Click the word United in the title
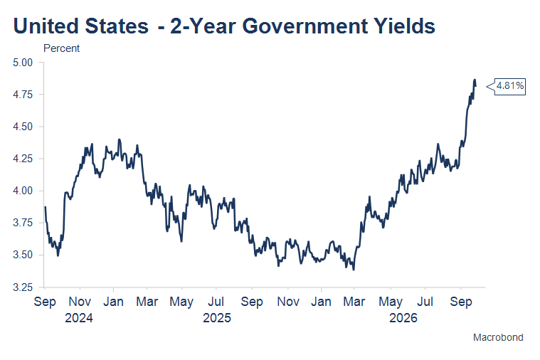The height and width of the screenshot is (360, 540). click(x=46, y=26)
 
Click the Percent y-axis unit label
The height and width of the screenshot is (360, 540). click(x=61, y=48)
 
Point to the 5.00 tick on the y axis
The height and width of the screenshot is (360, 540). click(x=23, y=63)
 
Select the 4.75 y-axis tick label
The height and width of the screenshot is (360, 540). click(x=23, y=95)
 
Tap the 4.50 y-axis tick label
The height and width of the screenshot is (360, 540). click(x=23, y=127)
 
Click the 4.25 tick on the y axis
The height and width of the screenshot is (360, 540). click(x=23, y=159)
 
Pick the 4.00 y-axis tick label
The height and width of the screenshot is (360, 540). click(x=23, y=191)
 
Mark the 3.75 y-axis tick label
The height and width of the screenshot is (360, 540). click(x=23, y=223)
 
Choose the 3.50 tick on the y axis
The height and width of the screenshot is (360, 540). click(x=23, y=255)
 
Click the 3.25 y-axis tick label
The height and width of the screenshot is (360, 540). click(x=23, y=287)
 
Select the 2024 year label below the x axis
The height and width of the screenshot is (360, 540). click(x=79, y=317)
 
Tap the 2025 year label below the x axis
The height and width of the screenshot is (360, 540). click(x=217, y=317)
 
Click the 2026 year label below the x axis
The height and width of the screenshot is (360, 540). click(x=403, y=317)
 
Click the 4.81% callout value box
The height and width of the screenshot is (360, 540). click(x=509, y=87)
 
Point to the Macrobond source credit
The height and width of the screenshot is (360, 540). click(x=498, y=337)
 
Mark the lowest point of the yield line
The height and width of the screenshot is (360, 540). click(x=354, y=270)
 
